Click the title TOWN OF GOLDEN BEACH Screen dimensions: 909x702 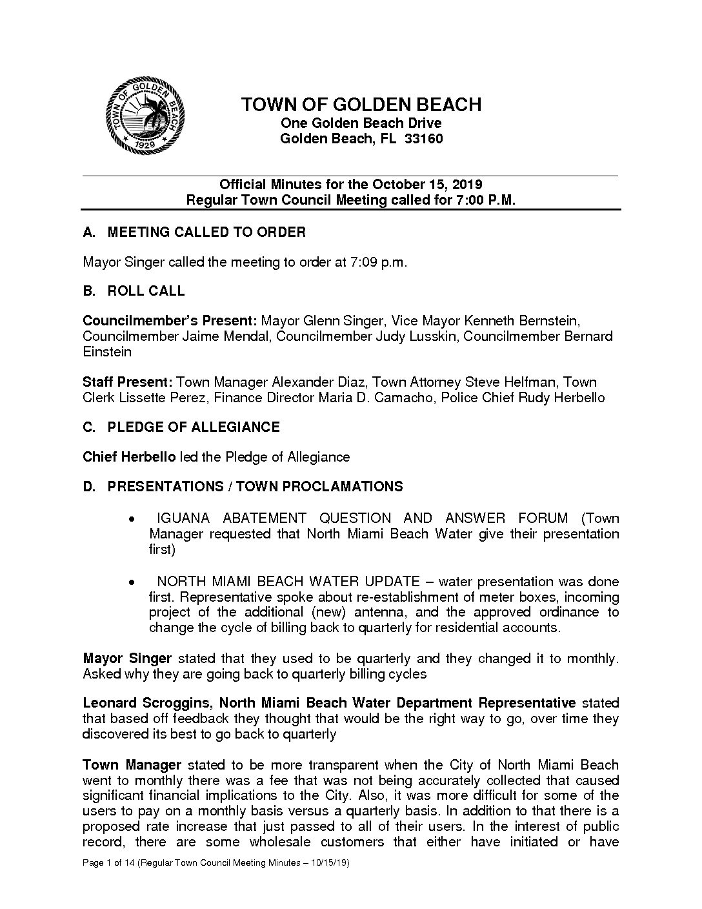361,105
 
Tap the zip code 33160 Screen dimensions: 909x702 423,139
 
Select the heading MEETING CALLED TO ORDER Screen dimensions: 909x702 206,232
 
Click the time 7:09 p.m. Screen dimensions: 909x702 379,262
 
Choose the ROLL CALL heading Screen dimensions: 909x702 146,291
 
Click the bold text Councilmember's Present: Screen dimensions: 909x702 170,321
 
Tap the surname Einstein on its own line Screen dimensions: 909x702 107,352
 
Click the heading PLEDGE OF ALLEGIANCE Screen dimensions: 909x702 194,427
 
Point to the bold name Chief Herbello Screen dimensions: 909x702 129,457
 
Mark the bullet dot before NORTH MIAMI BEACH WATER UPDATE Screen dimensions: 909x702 132,582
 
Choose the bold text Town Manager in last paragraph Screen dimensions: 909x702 132,765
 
